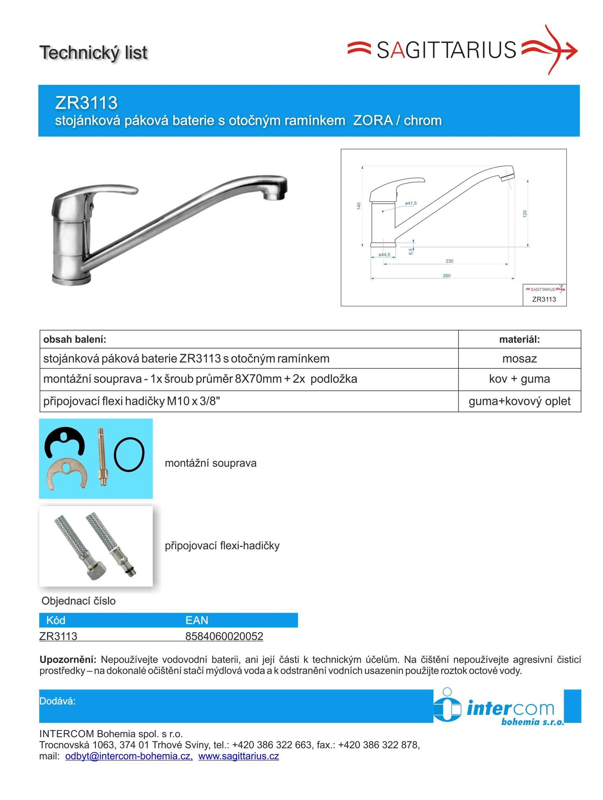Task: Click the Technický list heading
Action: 93,53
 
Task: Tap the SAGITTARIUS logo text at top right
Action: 446,50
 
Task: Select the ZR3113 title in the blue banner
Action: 86,103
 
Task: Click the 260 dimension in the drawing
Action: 446,276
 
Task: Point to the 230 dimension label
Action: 449,261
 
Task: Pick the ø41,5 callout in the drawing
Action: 411,203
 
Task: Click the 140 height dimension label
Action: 359,206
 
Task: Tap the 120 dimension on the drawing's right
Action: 525,213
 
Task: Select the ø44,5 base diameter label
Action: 384,255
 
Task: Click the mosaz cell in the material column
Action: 519,359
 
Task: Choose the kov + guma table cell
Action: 519,379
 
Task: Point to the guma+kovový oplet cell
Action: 519,401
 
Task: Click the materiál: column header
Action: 519,339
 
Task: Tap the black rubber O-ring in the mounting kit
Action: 129,454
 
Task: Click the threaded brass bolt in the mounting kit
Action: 101,457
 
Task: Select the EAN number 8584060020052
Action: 224,636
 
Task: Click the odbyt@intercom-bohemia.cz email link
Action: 129,756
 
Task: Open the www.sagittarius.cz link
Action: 238,756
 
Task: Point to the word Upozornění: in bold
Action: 68,659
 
